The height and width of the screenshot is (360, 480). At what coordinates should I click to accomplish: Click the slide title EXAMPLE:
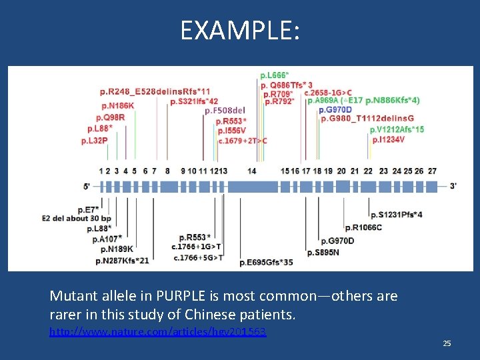(240, 30)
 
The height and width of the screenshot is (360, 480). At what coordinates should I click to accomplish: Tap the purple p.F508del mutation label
(225, 111)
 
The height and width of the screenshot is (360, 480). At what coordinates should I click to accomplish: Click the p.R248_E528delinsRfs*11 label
(155, 91)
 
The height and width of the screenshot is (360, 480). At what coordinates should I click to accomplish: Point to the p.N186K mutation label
(117, 105)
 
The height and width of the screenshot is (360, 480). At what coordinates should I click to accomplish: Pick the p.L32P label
(94, 141)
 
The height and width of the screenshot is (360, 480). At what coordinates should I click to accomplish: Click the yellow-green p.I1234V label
(388, 139)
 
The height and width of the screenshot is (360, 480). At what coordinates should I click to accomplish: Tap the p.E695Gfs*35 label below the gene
(266, 263)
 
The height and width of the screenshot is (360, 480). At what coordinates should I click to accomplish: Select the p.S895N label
(323, 253)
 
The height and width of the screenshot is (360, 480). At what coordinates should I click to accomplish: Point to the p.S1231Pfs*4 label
(396, 214)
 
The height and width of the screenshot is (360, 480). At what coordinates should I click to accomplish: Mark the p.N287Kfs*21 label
(122, 260)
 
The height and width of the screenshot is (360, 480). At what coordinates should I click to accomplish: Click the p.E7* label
(88, 209)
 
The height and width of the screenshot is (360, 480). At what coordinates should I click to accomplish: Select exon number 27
(432, 171)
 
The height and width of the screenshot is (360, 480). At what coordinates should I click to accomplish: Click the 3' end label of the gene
(453, 186)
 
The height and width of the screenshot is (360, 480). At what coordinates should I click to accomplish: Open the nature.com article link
(158, 331)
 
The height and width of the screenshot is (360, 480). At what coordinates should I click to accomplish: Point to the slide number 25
(447, 343)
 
